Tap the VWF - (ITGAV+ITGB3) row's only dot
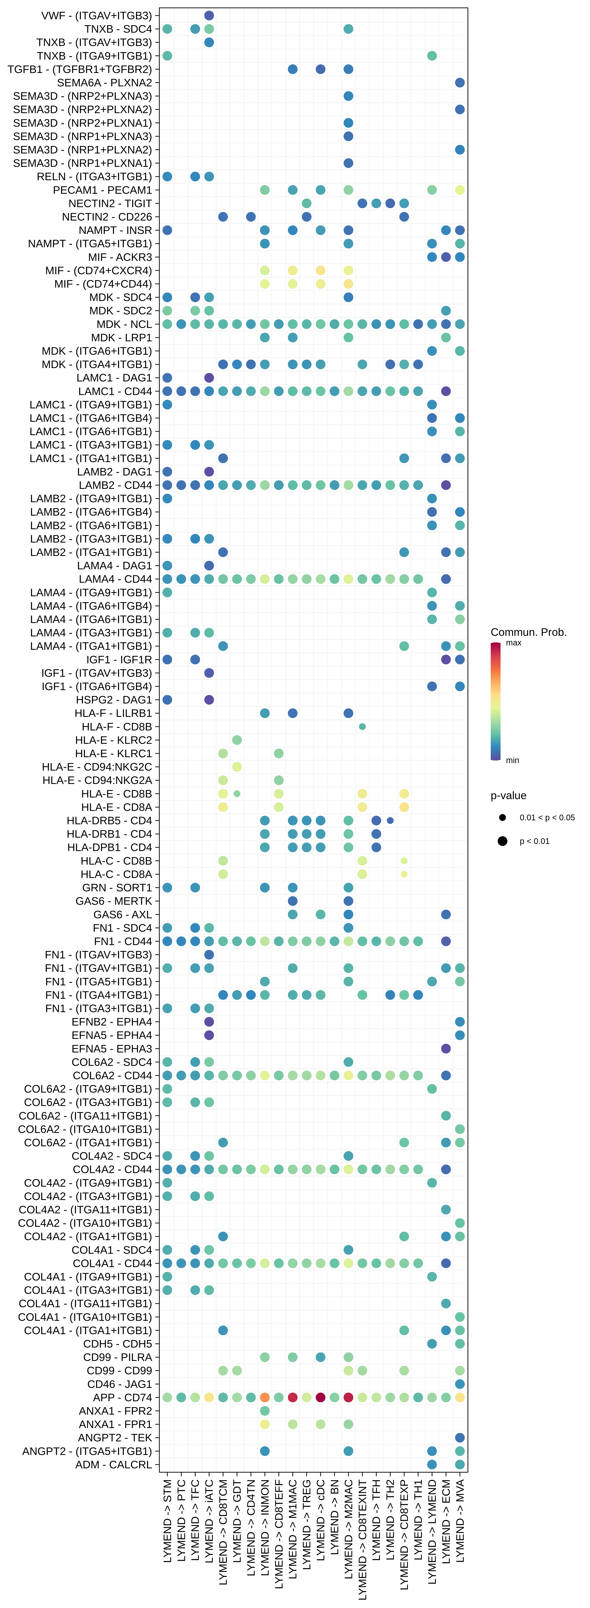[x=209, y=16]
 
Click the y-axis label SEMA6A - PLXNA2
[x=104, y=82]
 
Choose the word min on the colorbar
[x=512, y=760]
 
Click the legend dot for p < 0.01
[x=502, y=841]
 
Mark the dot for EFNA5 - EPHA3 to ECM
[x=446, y=1049]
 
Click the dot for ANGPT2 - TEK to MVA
[x=460, y=1438]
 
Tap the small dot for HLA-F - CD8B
[x=362, y=727]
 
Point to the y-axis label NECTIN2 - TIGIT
[x=110, y=203]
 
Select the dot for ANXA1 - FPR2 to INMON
[x=265, y=1411]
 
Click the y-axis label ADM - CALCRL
[x=114, y=1464]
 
